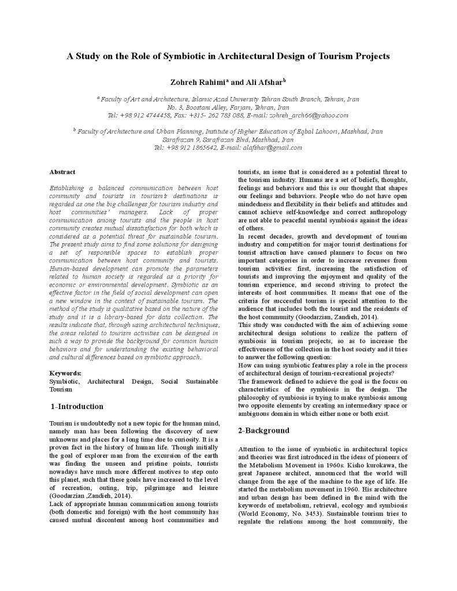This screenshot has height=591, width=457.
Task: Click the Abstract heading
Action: tap(62, 172)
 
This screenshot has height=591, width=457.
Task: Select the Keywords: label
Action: tap(65, 374)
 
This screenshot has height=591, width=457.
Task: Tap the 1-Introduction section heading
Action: tap(77, 406)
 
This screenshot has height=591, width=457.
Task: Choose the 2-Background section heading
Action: tap(263, 430)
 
